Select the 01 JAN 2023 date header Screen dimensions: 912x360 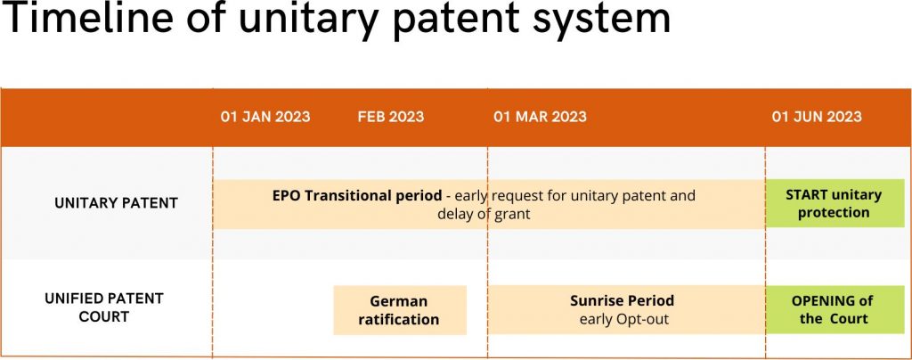click(x=265, y=117)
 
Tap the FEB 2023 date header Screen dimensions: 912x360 click(x=391, y=117)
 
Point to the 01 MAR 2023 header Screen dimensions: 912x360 click(x=540, y=117)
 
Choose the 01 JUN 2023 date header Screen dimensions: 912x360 click(x=817, y=117)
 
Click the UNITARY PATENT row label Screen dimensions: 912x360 click(x=117, y=203)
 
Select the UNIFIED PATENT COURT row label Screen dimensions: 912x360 click(x=104, y=307)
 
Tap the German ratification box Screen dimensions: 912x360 click(x=400, y=311)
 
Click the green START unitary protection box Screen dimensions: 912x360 click(x=835, y=203)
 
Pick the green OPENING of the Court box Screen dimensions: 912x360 click(x=835, y=309)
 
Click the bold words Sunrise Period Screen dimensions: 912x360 click(x=622, y=300)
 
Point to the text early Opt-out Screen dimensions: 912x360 click(x=624, y=319)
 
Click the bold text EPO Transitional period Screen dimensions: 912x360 click(x=356, y=195)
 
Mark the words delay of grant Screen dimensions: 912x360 click(x=484, y=214)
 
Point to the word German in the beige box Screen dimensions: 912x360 click(x=398, y=301)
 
